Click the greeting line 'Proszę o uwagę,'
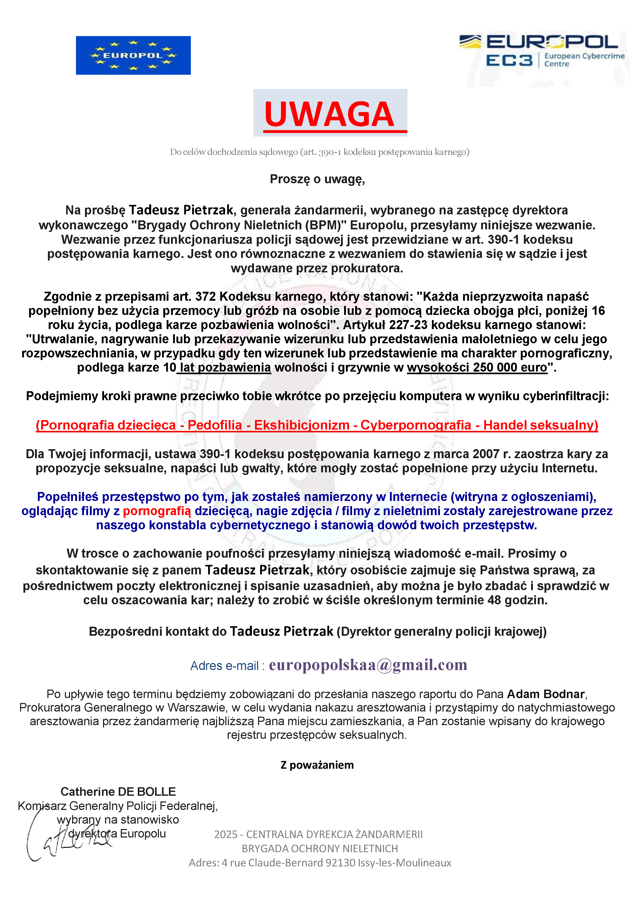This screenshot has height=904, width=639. click(x=317, y=179)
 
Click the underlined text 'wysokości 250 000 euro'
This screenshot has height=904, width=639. click(x=477, y=367)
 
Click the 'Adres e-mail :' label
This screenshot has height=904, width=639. click(x=227, y=666)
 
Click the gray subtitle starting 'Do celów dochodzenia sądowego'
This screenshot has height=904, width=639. click(x=319, y=152)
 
